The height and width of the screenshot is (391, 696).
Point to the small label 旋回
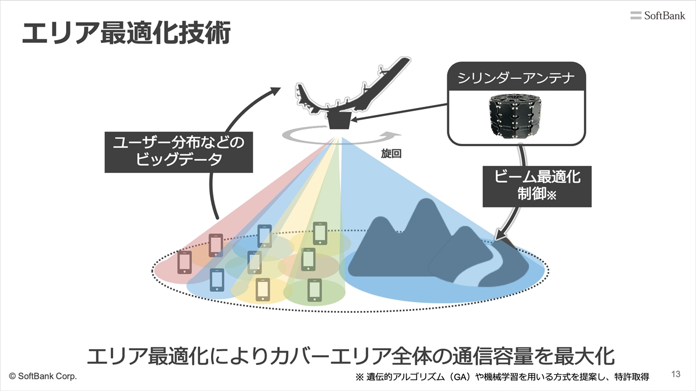tap(392, 154)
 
